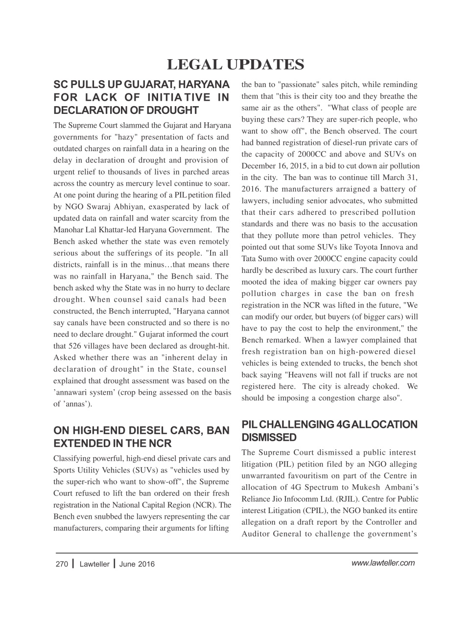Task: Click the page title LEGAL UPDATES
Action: click(x=236, y=65)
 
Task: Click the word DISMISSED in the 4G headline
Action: click(x=269, y=437)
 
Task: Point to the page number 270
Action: click(x=62, y=564)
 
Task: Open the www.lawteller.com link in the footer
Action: click(x=383, y=563)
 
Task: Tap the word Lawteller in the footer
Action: click(x=94, y=564)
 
